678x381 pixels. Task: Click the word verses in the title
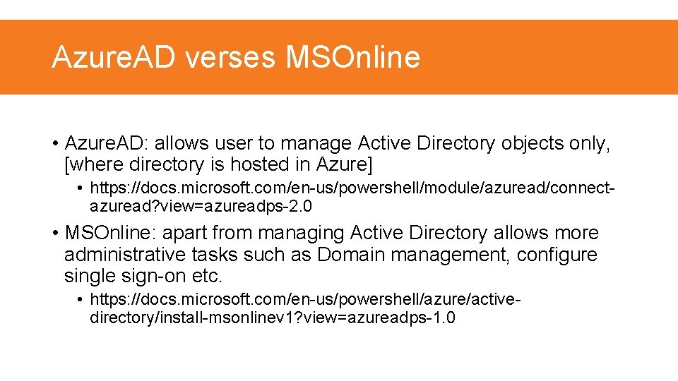click(230, 57)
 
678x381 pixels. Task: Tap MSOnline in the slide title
click(352, 57)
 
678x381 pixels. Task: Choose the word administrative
click(124, 254)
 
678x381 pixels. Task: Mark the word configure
click(557, 254)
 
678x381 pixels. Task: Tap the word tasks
click(213, 254)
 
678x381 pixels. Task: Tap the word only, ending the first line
click(593, 143)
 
